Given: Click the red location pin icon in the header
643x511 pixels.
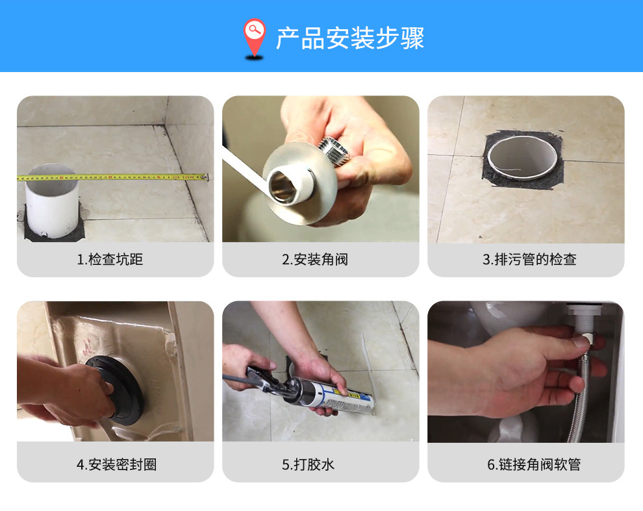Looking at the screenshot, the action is pos(254,36).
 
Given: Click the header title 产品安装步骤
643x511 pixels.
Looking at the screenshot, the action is pos(350,38).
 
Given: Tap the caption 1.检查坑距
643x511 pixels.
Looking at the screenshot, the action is pos(110,260).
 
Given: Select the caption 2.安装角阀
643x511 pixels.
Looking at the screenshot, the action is pos(315,260).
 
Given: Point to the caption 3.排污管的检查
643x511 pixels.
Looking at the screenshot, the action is pos(529,260).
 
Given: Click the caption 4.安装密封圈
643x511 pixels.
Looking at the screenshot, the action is pos(116,465).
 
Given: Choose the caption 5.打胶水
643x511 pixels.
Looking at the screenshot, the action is pos(308,465).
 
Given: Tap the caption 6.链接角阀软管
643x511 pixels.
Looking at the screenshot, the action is pos(534,465).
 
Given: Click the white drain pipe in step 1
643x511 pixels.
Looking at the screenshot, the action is pos(52,201).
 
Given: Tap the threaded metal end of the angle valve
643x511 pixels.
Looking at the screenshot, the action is pos(334,151).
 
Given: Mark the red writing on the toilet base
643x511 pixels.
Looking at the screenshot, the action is pos(87,347).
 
